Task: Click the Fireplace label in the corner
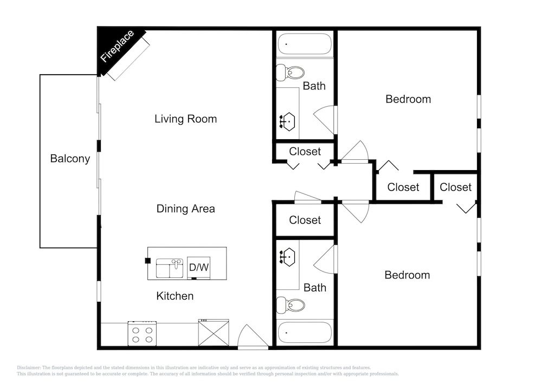[117, 46]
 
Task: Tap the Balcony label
[70, 159]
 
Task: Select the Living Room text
[185, 119]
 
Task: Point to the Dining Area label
[185, 209]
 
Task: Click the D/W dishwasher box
[199, 267]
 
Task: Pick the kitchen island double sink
[169, 268]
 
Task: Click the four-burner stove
[142, 334]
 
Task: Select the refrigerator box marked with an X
[214, 333]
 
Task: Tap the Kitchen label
[175, 296]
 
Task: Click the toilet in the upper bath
[291, 73]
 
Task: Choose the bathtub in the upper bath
[305, 44]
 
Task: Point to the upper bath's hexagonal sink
[287, 121]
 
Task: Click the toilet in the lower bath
[291, 306]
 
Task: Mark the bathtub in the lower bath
[305, 333]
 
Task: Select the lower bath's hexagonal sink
[287, 257]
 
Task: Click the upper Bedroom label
[408, 99]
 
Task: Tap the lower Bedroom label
[407, 275]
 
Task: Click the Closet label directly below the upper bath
[305, 151]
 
